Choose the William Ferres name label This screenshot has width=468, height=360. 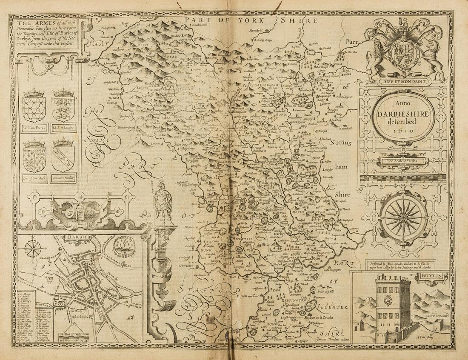tap(34, 127)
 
